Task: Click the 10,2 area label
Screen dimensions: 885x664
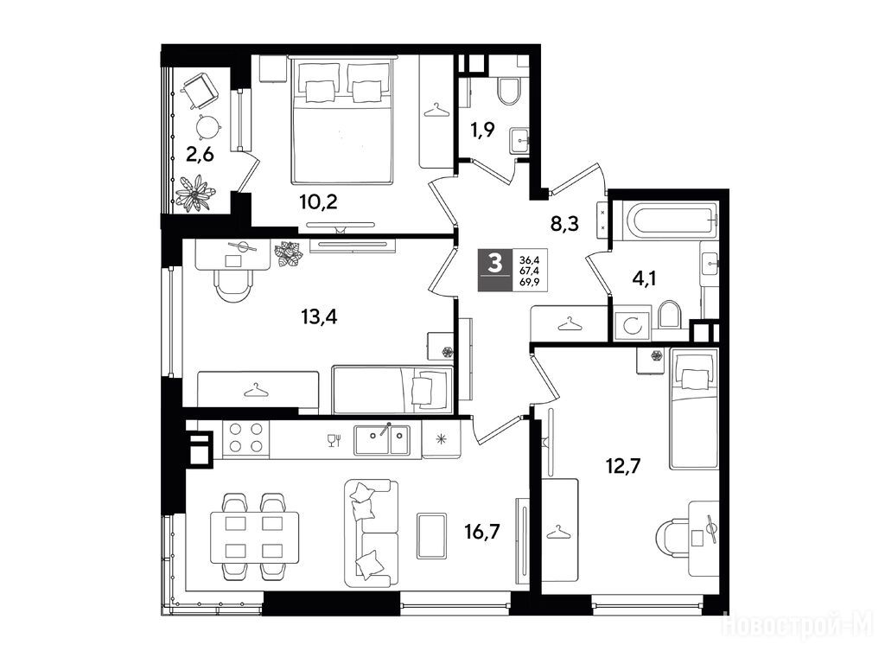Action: click(319, 201)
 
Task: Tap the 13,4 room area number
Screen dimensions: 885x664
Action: click(319, 316)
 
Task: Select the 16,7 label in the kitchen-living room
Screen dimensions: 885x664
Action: click(482, 531)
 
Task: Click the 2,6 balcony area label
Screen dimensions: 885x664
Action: click(201, 153)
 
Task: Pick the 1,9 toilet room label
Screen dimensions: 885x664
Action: click(482, 130)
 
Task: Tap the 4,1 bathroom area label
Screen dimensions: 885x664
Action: click(644, 278)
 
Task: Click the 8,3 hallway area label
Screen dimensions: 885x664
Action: click(565, 224)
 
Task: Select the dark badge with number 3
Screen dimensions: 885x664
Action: click(495, 270)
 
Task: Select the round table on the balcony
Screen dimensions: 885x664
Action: click(207, 124)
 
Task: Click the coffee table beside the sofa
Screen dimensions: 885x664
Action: click(432, 535)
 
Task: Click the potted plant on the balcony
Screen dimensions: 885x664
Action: click(195, 194)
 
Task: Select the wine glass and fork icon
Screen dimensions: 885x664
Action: click(334, 440)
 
